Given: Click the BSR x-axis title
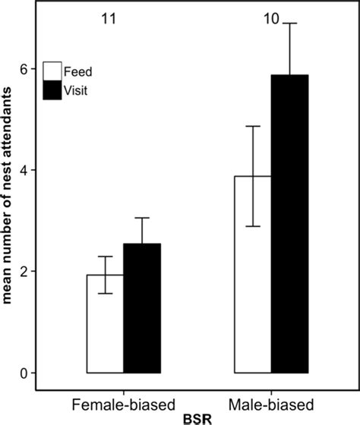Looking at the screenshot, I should [197, 416].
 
